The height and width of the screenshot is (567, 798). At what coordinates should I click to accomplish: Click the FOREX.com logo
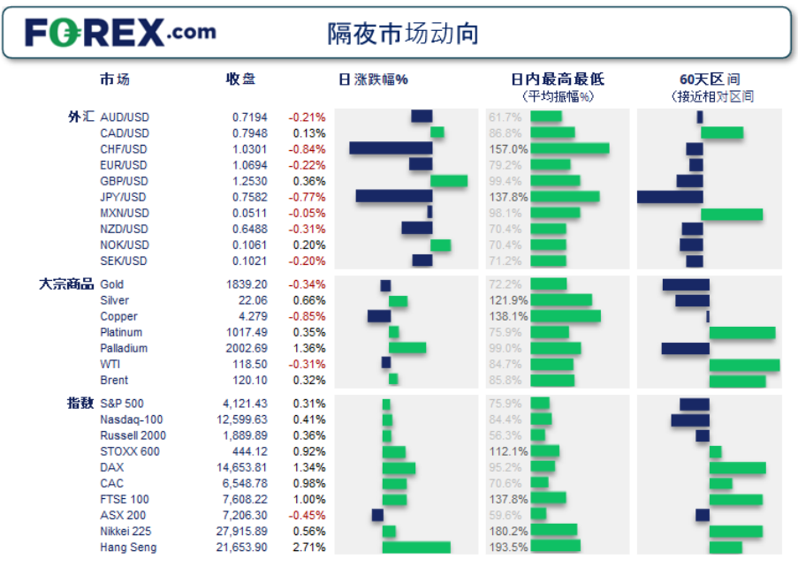click(120, 33)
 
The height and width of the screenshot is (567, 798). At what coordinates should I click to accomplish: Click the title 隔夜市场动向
click(403, 34)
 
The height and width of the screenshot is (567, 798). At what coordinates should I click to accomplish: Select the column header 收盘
click(240, 79)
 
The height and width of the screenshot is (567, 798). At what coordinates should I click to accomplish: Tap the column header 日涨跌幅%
click(373, 79)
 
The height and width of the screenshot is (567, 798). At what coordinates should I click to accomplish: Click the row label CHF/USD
click(124, 149)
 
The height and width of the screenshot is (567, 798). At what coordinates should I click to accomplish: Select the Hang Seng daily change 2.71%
click(308, 548)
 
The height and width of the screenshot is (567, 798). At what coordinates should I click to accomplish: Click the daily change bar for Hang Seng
click(416, 548)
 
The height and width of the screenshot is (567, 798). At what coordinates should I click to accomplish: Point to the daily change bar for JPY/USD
click(393, 197)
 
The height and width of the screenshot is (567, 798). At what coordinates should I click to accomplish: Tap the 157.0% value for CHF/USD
click(508, 149)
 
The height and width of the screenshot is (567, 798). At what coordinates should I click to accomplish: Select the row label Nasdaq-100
click(132, 420)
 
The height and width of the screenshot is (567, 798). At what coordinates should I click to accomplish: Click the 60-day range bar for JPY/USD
click(670, 197)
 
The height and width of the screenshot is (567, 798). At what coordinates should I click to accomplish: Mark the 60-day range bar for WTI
click(744, 364)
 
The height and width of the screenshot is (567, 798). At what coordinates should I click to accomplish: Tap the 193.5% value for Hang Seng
click(508, 548)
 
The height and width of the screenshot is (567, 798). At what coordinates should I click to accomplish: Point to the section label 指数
click(80, 404)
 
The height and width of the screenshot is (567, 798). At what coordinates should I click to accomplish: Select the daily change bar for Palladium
click(407, 348)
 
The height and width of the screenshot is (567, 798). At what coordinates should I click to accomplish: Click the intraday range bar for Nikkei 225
click(554, 532)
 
